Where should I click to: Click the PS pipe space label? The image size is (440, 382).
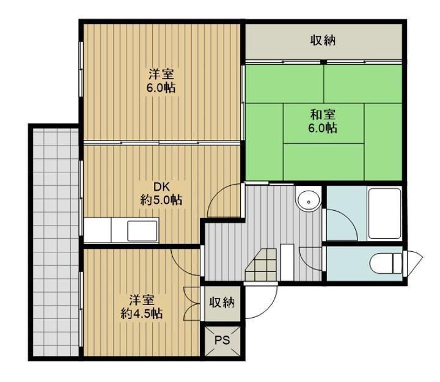(x=222, y=340)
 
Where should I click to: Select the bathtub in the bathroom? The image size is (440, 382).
(x=384, y=213)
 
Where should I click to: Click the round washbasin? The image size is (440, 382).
(x=309, y=201)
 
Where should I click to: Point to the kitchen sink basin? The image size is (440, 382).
(x=142, y=230)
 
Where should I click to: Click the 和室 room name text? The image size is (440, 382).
(x=323, y=114)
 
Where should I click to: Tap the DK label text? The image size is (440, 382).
(x=161, y=186)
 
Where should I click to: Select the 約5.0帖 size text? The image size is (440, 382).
(x=161, y=200)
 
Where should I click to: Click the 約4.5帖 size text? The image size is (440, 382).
(x=142, y=314)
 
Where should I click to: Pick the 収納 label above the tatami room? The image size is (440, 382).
(x=323, y=40)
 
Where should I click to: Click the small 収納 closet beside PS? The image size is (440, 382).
(x=222, y=303)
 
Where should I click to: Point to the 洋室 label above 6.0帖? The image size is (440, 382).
(x=161, y=75)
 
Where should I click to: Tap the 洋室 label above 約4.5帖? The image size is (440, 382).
(x=142, y=300)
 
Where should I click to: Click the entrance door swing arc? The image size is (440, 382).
(x=268, y=309)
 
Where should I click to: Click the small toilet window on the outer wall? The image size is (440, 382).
(x=413, y=263)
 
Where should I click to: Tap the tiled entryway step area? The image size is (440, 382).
(x=261, y=265)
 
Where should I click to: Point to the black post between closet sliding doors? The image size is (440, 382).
(x=324, y=62)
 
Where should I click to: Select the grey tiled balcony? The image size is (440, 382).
(x=56, y=242)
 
